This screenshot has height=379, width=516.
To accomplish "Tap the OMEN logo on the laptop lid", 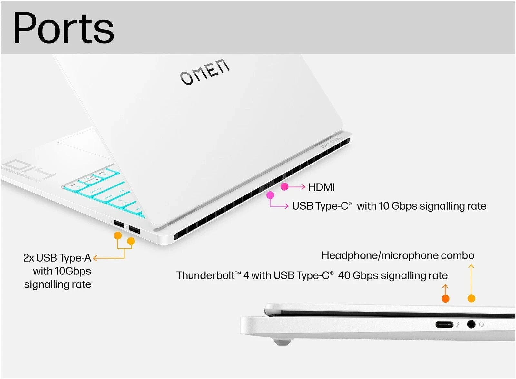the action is [205, 72].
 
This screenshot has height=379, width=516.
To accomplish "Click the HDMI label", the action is [321, 187].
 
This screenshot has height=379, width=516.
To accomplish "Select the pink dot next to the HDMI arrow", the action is [284, 187].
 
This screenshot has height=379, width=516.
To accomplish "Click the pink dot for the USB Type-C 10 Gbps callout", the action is [270, 195].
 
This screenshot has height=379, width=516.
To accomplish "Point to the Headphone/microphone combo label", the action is [398, 255].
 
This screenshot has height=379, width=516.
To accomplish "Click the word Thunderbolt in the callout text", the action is [205, 275].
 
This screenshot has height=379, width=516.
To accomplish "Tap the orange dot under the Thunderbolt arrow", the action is [445, 299].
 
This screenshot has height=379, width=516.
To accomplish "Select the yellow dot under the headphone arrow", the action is [471, 298].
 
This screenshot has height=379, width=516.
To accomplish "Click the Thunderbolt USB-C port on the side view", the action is [444, 324].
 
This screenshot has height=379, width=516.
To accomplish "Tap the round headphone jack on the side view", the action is [471, 324].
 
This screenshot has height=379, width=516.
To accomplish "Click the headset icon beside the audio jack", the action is [481, 324].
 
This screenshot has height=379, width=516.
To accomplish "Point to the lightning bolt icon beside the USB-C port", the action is [458, 324].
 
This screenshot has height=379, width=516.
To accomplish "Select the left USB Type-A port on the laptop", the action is [119, 224].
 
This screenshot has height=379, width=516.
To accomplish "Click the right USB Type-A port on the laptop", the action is [134, 230].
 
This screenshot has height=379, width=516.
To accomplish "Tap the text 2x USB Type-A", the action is [57, 258].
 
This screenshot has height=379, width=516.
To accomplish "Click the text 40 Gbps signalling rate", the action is [393, 275].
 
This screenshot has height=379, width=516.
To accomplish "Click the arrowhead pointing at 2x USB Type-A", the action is [95, 258].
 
